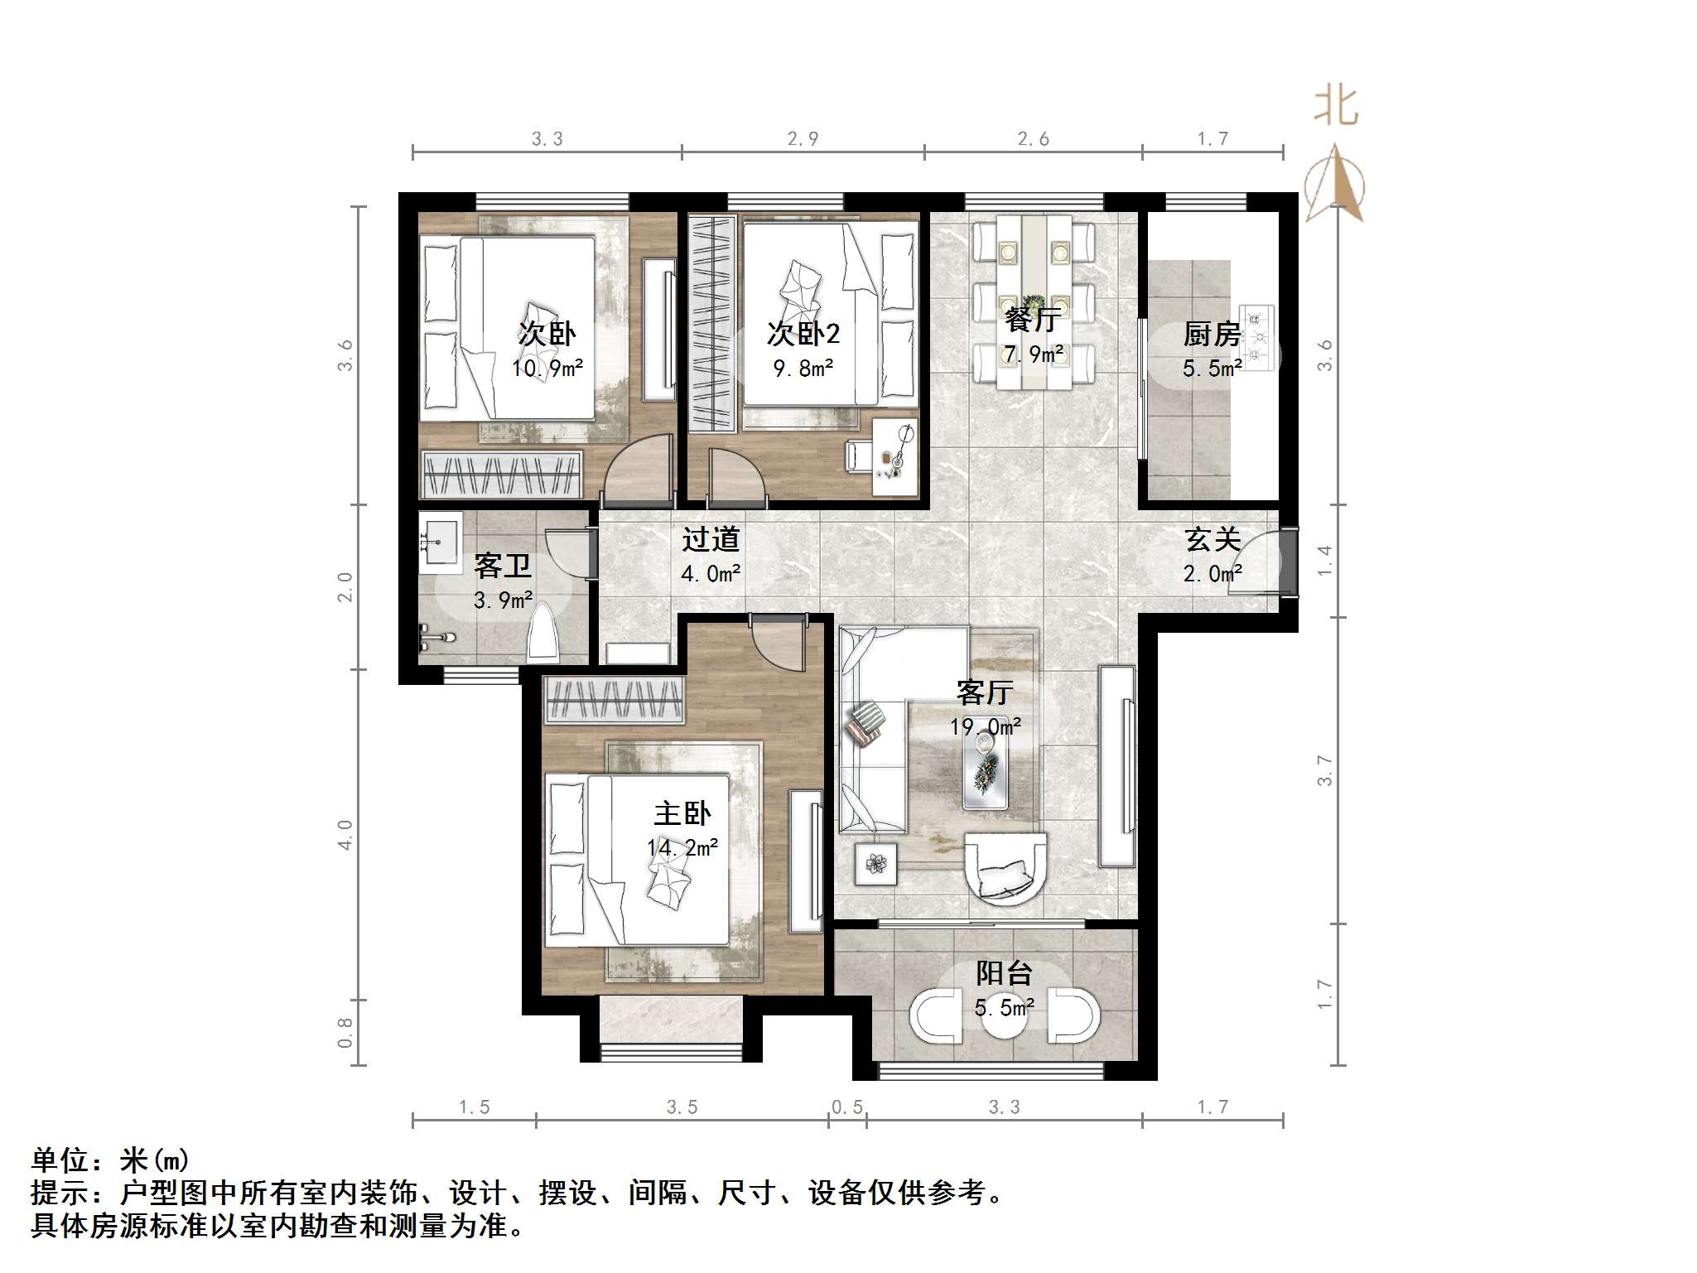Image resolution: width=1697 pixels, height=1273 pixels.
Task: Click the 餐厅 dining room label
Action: click(1032, 319)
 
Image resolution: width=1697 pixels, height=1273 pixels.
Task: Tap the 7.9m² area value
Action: click(1033, 354)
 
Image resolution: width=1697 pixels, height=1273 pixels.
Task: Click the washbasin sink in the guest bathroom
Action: click(439, 542)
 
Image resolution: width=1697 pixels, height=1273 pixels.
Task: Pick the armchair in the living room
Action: click(1005, 868)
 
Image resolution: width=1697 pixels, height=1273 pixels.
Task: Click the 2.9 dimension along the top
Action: click(803, 139)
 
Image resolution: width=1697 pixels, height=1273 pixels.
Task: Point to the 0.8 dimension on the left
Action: click(345, 1033)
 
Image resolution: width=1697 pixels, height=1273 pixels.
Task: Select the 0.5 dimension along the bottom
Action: click(847, 1107)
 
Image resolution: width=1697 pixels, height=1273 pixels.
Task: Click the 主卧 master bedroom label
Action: click(682, 813)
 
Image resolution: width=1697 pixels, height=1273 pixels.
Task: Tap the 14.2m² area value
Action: click(682, 848)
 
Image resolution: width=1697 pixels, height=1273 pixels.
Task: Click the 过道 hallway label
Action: click(710, 539)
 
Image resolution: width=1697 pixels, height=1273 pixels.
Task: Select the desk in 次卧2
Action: click(895, 456)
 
